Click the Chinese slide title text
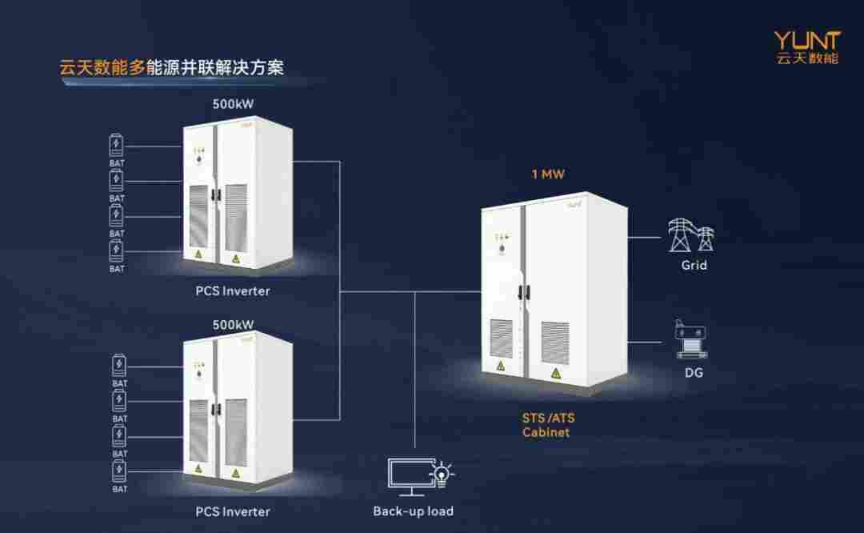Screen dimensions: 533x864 (172, 67)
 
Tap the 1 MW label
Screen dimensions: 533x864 (548, 174)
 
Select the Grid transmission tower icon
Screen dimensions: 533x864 (691, 235)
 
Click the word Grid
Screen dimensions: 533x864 (694, 265)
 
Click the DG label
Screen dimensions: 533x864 (694, 372)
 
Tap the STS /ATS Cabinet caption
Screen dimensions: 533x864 (546, 425)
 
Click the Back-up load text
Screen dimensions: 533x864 (413, 511)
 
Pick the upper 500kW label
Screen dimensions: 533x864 (233, 104)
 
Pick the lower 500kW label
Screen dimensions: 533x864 (233, 325)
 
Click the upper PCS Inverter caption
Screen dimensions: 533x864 (233, 291)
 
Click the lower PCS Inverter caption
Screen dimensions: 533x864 (233, 511)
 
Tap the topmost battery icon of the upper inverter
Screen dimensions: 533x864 (117, 146)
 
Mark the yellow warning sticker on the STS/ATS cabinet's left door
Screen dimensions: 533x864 (501, 366)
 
